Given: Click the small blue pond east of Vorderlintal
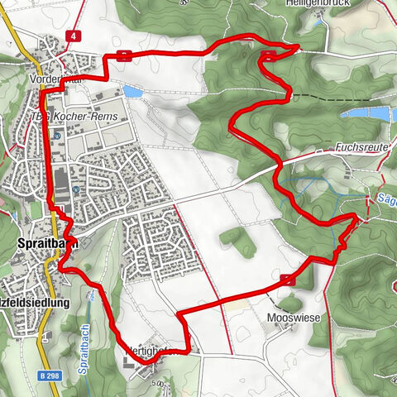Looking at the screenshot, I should click(132, 91).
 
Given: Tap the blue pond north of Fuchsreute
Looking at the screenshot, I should click(364, 111).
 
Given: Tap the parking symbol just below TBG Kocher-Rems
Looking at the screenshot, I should click(57, 135).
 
